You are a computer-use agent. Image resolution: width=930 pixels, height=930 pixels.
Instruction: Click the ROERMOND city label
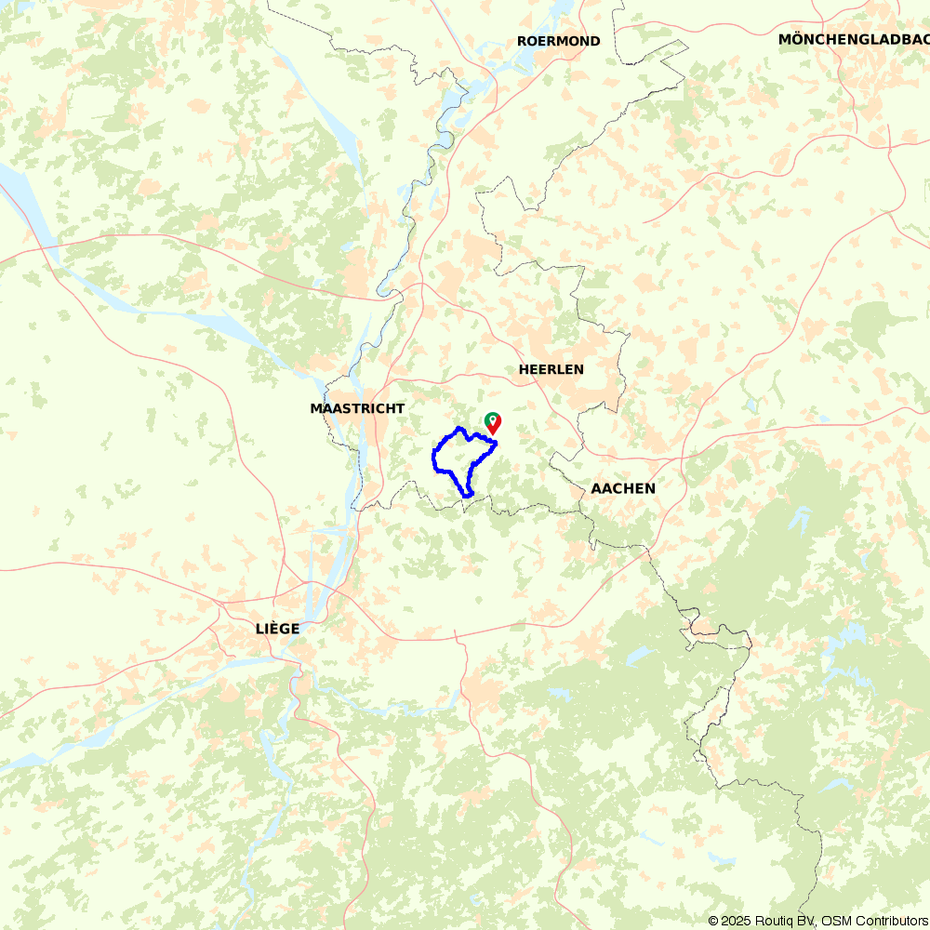pos(558,41)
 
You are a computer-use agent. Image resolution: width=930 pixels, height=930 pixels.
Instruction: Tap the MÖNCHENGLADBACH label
pos(854,39)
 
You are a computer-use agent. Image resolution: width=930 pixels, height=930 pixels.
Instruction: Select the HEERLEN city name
pos(551,369)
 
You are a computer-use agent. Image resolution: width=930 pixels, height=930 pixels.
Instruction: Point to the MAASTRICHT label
pos(357,408)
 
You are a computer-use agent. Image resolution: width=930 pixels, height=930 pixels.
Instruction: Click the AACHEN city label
pos(623,488)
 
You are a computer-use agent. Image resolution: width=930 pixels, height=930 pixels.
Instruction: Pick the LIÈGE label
pos(277,629)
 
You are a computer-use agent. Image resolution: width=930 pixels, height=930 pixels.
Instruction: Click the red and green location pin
pos(492,423)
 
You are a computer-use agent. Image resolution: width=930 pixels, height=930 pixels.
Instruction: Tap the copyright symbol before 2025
pos(713,921)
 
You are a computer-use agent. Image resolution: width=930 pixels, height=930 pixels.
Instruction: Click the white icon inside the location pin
pos(492,419)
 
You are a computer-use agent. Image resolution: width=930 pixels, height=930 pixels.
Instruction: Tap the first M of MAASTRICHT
pos(316,408)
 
